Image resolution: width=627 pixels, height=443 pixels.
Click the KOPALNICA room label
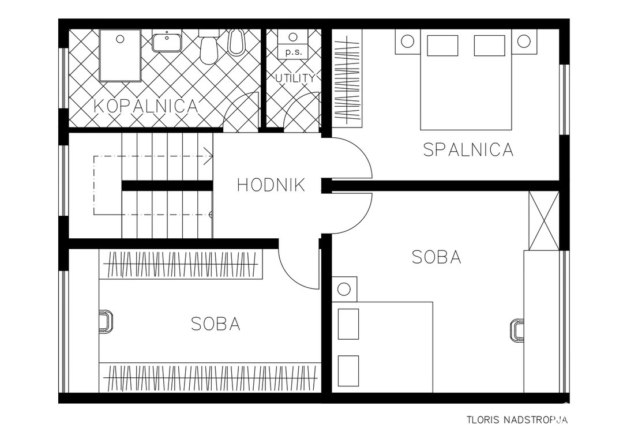pyautogui.click(x=146, y=106)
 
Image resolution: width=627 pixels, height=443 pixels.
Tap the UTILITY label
pyautogui.click(x=295, y=78)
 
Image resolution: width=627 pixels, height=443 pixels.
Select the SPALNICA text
pyautogui.click(x=468, y=149)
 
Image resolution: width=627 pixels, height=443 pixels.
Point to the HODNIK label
pyautogui.click(x=271, y=185)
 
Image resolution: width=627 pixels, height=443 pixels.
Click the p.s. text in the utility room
pyautogui.click(x=294, y=52)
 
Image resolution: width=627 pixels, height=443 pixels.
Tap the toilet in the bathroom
pyautogui.click(x=209, y=47)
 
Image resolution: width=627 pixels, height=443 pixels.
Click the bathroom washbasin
pyautogui.click(x=167, y=42)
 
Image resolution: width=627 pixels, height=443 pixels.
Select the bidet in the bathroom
pyautogui.click(x=236, y=42)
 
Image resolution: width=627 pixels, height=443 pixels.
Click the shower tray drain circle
pyautogui.click(x=120, y=39)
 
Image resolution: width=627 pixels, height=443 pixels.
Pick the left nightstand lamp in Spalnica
pyautogui.click(x=407, y=41)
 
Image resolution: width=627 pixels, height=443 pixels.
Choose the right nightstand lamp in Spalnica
pyautogui.click(x=523, y=41)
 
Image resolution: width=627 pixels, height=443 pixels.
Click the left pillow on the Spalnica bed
pyautogui.click(x=442, y=45)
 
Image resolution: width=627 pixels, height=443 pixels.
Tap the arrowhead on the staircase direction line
pyautogui.click(x=208, y=156)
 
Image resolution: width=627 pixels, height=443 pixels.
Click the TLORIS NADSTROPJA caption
pyautogui.click(x=517, y=420)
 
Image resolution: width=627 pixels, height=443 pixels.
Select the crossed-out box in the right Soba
pyautogui.click(x=543, y=221)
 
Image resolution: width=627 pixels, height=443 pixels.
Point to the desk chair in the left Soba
pyautogui.click(x=106, y=322)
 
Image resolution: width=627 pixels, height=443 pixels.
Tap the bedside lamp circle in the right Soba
pyautogui.click(x=344, y=288)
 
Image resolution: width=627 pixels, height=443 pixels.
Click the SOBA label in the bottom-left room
pyautogui.click(x=216, y=324)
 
